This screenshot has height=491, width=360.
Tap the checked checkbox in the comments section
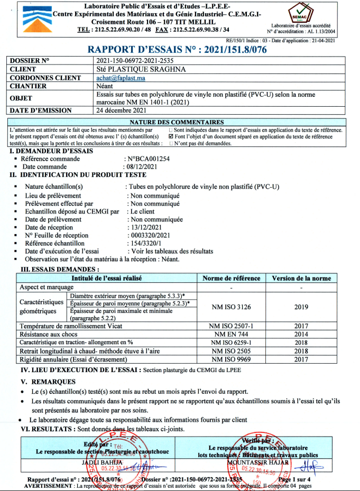[x=170, y=136]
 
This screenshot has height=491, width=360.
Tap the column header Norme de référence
[x=232, y=279]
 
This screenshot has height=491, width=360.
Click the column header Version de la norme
[x=301, y=279]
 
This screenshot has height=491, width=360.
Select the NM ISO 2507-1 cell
[x=232, y=327]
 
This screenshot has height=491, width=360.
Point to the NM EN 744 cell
[x=232, y=335]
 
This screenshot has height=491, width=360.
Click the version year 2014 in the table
[x=301, y=335]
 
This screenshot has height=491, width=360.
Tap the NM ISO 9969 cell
[x=232, y=359]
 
